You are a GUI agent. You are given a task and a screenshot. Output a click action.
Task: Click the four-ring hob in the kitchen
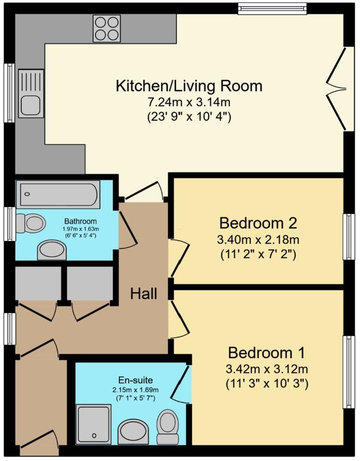106,29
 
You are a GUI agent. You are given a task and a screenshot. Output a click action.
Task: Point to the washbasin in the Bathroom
52,250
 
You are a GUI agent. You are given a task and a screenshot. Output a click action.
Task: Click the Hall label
144,293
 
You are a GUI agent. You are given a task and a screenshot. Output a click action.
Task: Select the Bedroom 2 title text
258,223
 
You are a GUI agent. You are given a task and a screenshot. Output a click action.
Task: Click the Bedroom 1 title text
267,352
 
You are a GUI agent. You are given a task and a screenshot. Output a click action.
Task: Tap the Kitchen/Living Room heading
189,86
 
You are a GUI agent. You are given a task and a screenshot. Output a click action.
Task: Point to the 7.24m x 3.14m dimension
189,102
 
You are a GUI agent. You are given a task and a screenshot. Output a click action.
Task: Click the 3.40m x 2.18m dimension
258,240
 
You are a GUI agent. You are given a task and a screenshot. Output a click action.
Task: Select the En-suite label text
135,380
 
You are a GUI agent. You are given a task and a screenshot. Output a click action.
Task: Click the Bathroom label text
81,221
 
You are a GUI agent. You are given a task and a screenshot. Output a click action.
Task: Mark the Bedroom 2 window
348,237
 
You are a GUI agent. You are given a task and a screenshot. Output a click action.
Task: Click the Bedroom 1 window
348,372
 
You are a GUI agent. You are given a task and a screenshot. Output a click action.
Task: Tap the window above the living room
272,9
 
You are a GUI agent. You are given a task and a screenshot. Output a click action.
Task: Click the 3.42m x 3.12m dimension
267,369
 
